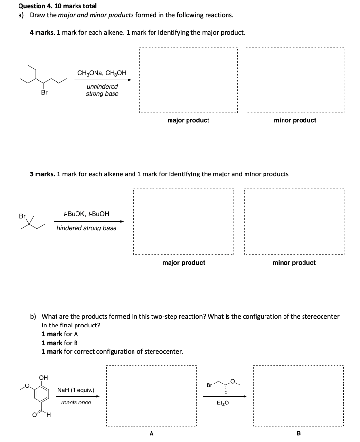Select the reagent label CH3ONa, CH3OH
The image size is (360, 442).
click(x=102, y=73)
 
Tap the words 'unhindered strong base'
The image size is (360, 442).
click(x=102, y=90)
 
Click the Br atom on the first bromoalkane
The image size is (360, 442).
click(x=44, y=92)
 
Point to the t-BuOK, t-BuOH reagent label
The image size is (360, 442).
click(x=87, y=214)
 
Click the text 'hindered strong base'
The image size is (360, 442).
click(x=87, y=228)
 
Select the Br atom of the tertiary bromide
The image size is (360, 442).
click(x=22, y=215)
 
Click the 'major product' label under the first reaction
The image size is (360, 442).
click(x=188, y=120)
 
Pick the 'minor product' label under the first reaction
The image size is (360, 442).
click(x=295, y=120)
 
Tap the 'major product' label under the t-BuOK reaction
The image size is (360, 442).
click(x=184, y=263)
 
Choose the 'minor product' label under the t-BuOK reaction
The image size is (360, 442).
click(x=294, y=263)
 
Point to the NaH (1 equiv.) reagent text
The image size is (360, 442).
click(x=76, y=390)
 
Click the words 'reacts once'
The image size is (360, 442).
click(x=76, y=402)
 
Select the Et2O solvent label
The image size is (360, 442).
click(x=224, y=403)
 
